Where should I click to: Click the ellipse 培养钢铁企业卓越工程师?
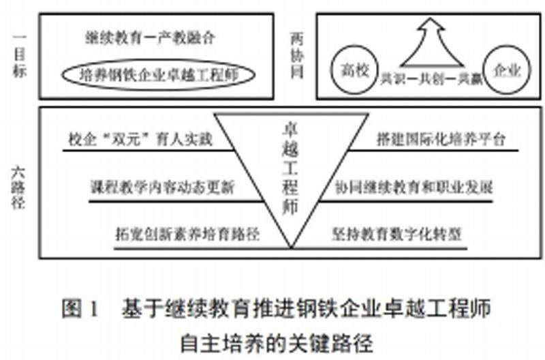coord(157,74)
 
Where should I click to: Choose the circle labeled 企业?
coord(507,70)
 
